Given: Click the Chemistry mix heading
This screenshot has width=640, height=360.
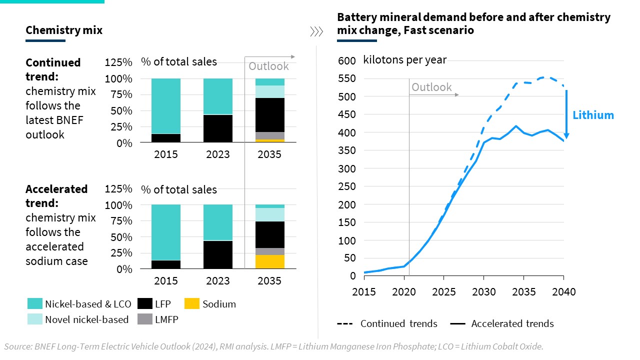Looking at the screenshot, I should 64,30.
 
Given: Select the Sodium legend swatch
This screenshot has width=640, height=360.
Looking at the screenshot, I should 192,303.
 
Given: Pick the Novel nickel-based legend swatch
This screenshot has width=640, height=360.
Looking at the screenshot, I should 35,319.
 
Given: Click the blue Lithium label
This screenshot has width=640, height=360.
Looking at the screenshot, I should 593,115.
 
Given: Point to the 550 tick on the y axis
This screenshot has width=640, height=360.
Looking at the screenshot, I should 347,78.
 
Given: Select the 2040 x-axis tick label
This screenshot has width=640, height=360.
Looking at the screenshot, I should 563,291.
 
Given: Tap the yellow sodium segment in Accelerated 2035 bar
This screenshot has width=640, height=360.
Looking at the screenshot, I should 270,262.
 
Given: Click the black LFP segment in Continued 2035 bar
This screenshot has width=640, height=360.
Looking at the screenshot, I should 270,115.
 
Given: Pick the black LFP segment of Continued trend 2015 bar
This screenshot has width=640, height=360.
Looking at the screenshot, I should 166,138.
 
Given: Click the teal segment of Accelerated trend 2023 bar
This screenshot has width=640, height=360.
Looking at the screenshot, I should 218,222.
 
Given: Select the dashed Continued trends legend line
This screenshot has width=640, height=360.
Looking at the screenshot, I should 345,323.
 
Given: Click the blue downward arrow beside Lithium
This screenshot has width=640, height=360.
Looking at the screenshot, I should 566,115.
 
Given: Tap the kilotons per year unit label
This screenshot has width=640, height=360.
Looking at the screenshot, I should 405,60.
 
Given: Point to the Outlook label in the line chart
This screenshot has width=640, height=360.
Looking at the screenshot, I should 431,87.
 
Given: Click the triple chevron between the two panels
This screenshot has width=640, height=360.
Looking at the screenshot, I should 316,32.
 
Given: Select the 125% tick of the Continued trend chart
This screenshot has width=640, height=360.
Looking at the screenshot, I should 118,62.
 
